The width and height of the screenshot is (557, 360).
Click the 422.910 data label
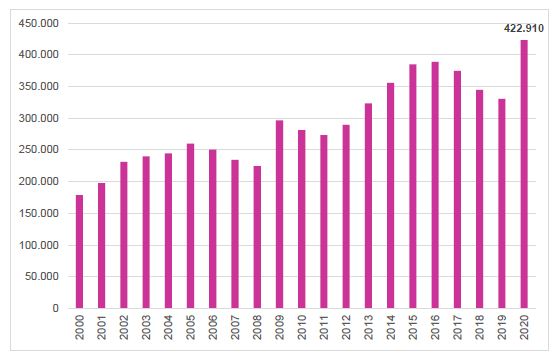(522, 28)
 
